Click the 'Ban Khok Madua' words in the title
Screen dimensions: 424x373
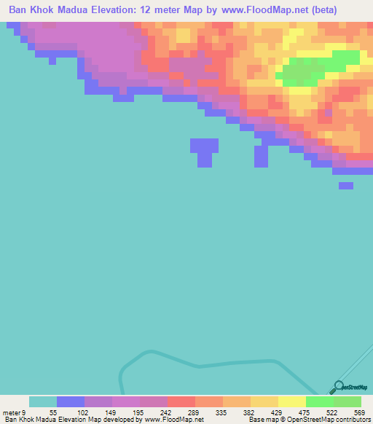[x=55, y=9]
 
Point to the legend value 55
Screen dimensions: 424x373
[x=53, y=412]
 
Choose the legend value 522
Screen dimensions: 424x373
[x=330, y=412]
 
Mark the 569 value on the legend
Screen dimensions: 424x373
[x=358, y=412]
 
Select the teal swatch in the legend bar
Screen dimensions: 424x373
[x=43, y=401]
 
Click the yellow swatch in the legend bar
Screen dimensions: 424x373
[x=292, y=401]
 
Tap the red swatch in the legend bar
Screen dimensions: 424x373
[x=181, y=401]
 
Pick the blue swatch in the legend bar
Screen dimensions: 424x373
[x=71, y=401]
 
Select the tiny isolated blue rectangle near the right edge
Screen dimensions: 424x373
[x=346, y=186]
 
